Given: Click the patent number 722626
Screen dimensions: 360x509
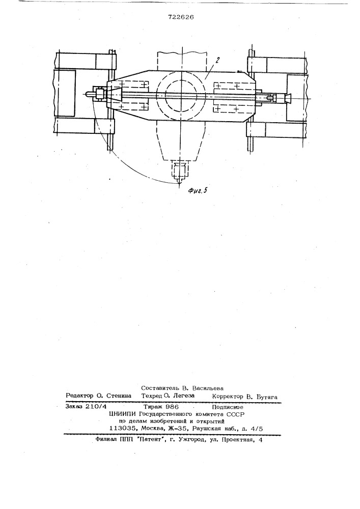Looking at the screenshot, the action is (181, 17).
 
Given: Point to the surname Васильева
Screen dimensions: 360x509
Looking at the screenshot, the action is (208, 388).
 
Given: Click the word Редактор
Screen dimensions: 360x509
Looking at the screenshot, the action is (79, 395).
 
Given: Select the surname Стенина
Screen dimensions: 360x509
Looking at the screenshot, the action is (118, 395).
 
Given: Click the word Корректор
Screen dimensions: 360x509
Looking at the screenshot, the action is (228, 397).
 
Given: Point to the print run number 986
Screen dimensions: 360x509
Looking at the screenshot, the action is (172, 406).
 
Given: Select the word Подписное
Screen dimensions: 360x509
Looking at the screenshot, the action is (228, 407).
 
